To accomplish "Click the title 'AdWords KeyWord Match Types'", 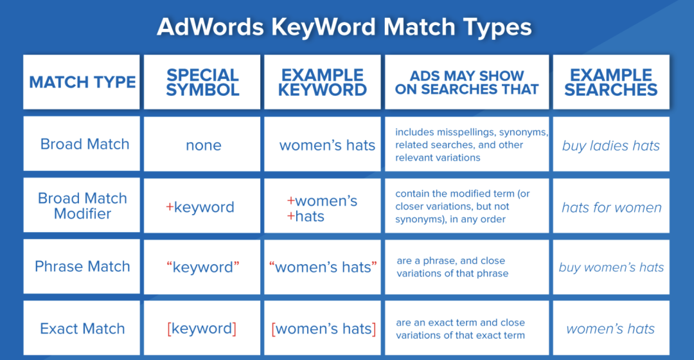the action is click(x=344, y=27).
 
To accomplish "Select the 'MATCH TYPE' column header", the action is click(x=82, y=82).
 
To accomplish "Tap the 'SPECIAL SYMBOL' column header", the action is click(x=202, y=82).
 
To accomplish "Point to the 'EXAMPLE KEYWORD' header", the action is click(x=322, y=82).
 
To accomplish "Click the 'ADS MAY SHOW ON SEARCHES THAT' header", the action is click(x=467, y=82).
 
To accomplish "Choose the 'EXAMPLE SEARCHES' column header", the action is click(x=611, y=82).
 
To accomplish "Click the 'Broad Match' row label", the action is click(x=85, y=144).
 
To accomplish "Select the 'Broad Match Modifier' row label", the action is click(x=82, y=206).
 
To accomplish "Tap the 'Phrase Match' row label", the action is click(x=82, y=266).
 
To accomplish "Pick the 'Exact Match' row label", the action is click(x=82, y=328).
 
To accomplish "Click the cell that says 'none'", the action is click(x=203, y=145).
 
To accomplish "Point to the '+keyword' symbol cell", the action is click(x=200, y=207).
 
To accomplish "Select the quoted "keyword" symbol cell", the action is click(x=202, y=267).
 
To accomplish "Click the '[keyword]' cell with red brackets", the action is click(x=202, y=328).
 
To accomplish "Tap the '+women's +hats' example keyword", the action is click(x=322, y=208).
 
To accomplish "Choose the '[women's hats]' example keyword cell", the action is click(x=323, y=328).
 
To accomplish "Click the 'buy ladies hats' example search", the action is click(x=611, y=145).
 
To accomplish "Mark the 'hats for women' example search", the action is click(x=611, y=207).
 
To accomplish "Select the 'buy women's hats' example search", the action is click(x=611, y=267).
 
